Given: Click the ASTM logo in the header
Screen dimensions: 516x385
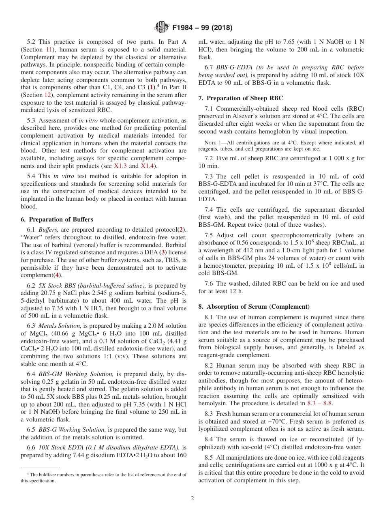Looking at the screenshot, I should (162, 28).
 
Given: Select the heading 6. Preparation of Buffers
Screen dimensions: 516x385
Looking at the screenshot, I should (57, 219).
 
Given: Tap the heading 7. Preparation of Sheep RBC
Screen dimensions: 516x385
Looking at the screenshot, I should (241, 98).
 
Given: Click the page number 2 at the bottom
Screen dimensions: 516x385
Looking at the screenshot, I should (192, 499).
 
